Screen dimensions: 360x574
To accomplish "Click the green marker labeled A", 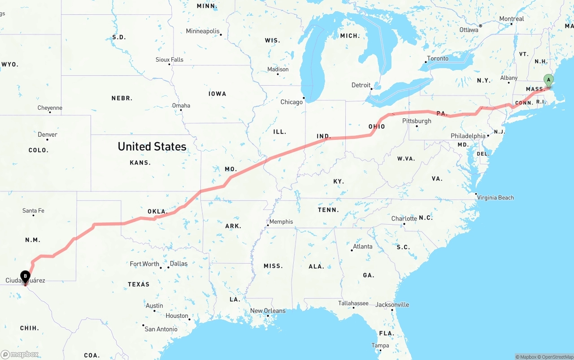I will tap(548, 80).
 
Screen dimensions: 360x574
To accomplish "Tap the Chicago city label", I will tap(291, 102).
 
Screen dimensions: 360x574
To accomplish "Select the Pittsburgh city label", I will tap(417, 121).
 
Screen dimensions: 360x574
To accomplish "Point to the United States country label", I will tap(152, 146).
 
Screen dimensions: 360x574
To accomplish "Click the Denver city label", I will tap(48, 134).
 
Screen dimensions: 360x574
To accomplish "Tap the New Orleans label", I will tap(268, 311).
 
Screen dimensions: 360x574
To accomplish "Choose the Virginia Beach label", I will tap(496, 197).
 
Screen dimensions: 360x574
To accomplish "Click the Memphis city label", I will tap(281, 221).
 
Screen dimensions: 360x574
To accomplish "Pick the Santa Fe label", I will tap(33, 210).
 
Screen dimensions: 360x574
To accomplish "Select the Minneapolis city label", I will tap(203, 31).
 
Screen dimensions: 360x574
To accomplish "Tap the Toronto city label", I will tap(438, 58).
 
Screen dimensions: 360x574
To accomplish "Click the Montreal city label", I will tap(512, 19).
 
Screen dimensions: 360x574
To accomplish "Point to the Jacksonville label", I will tap(393, 304).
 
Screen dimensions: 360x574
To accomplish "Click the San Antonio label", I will tap(161, 329).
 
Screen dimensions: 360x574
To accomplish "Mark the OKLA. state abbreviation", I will tap(157, 212).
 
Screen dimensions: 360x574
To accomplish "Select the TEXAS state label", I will tap(139, 284).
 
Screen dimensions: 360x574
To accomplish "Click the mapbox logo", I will tap(20, 354).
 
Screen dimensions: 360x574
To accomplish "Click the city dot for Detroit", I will tap(372, 89).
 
